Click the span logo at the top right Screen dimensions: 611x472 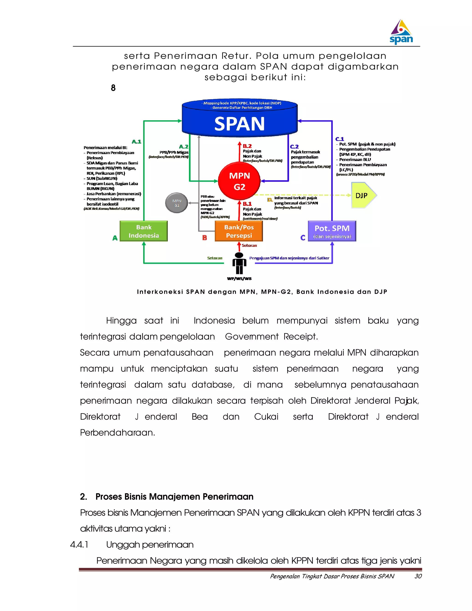click(401, 32)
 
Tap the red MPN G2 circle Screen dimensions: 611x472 click(239, 181)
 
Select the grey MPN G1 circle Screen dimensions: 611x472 click(177, 203)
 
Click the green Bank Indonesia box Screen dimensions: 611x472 click(144, 231)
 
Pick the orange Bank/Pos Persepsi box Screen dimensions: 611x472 click(239, 231)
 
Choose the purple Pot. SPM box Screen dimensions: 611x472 click(332, 231)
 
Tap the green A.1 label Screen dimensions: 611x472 click(136, 142)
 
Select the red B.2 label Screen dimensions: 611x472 click(247, 146)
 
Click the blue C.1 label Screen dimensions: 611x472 click(339, 139)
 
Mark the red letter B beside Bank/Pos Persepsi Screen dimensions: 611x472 click(205, 238)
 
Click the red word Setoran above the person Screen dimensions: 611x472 click(249, 245)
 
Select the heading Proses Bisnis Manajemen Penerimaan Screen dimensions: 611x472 click(174, 497)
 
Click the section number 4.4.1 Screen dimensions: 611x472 click(79, 545)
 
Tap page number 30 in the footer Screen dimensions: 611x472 click(418, 576)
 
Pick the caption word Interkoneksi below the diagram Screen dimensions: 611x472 click(160, 292)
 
